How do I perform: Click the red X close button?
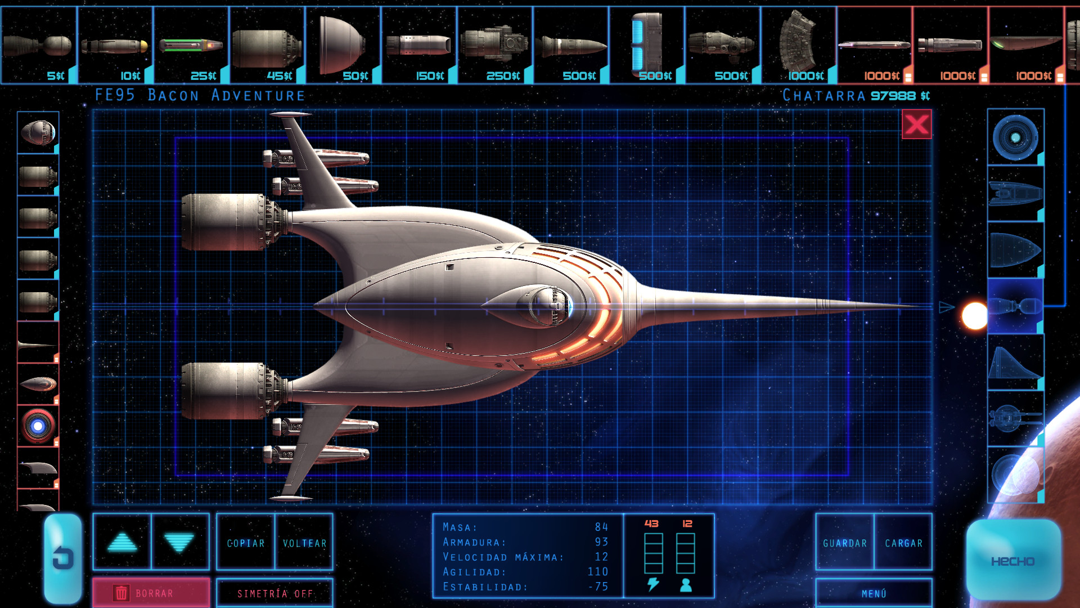tap(917, 124)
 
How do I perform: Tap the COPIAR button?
tap(246, 542)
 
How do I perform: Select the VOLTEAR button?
tap(304, 542)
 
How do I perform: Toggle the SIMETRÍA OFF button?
tap(274, 593)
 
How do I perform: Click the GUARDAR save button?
tap(845, 542)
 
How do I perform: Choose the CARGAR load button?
tap(903, 542)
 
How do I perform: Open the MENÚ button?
tap(874, 593)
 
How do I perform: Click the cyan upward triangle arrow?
tap(122, 542)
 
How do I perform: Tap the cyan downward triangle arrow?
tap(179, 543)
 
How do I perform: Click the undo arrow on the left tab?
tap(63, 558)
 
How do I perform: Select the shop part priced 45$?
tap(268, 45)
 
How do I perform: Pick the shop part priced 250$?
tap(495, 45)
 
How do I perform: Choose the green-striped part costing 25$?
tap(191, 45)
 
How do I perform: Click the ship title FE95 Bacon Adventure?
tap(200, 95)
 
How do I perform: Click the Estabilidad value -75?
tap(598, 587)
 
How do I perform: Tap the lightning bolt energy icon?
tap(653, 584)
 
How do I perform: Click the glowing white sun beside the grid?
tap(975, 316)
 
